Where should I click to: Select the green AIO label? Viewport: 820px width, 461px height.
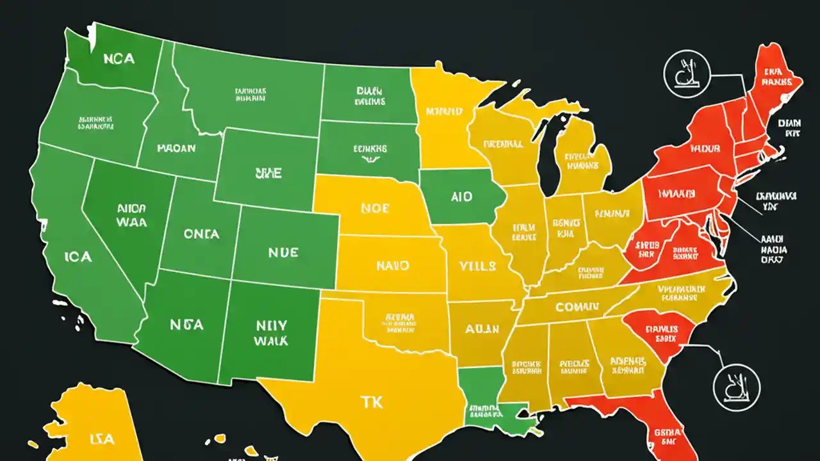[x=461, y=197]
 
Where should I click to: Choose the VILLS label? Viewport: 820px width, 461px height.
[x=478, y=265]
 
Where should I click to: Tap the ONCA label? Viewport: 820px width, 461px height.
[x=202, y=234]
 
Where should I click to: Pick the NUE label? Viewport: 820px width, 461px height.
[x=283, y=252]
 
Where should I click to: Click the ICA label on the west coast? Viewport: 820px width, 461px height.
[x=78, y=257]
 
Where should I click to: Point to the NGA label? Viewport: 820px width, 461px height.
[x=186, y=325]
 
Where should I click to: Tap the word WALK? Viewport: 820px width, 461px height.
[x=270, y=341]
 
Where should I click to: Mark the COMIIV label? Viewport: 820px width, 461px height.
[x=577, y=307]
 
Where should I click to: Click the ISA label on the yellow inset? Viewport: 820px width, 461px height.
[x=102, y=439]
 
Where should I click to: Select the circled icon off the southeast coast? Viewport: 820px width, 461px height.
[x=737, y=384]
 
